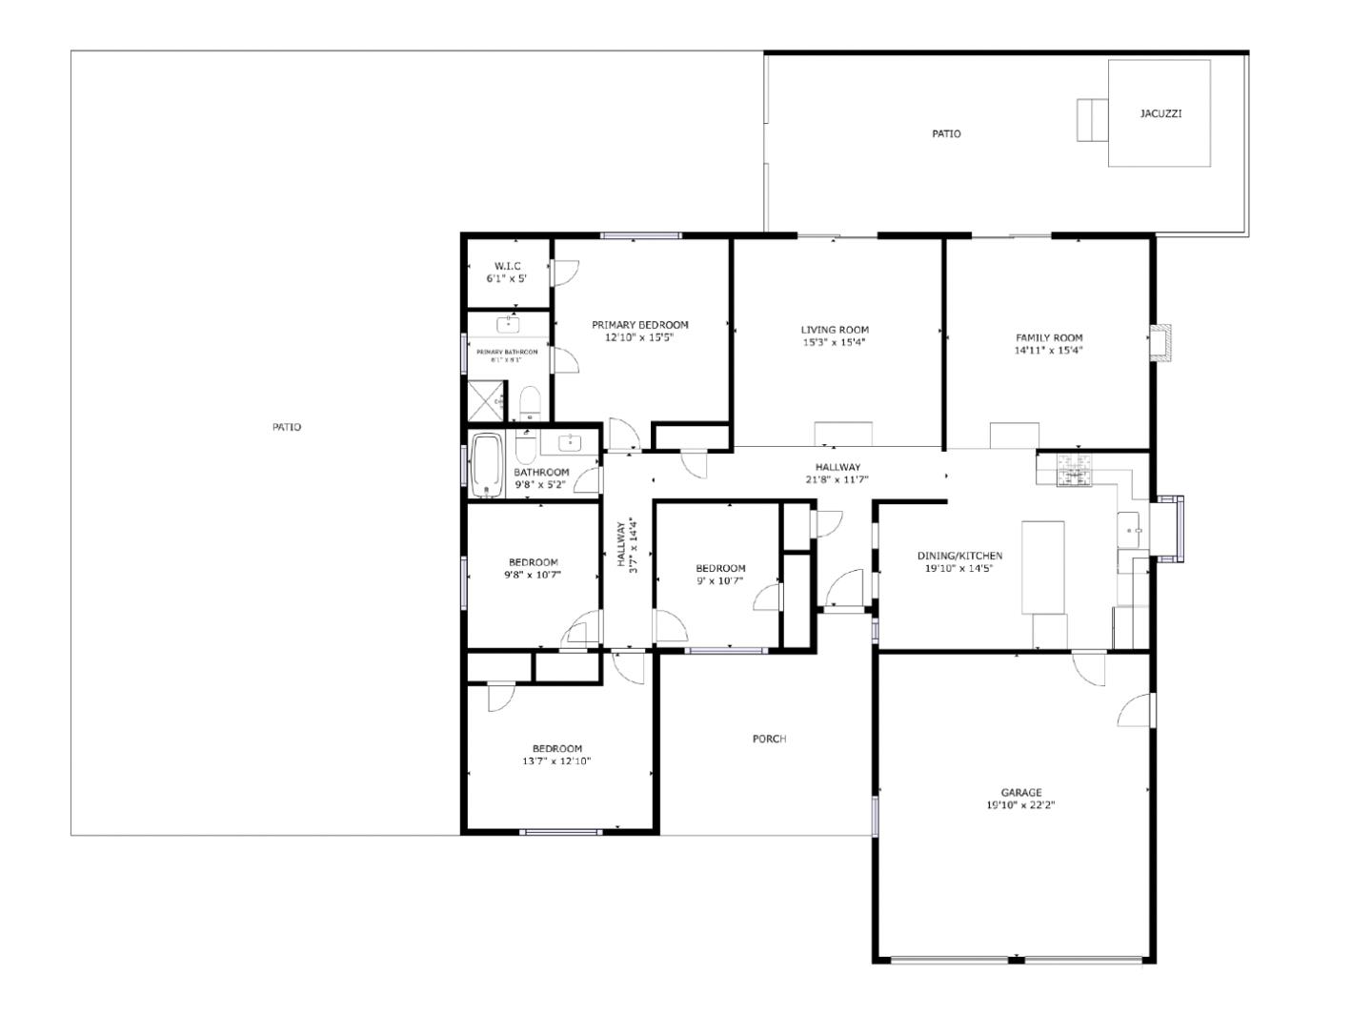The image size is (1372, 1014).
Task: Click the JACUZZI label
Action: tap(1160, 113)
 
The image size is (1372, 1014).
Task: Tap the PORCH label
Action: tap(769, 739)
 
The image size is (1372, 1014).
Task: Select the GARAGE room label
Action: tap(1020, 792)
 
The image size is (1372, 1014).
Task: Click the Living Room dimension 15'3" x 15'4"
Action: tap(834, 342)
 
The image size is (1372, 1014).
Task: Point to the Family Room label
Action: tap(1049, 337)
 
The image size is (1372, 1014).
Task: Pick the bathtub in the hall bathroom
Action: tap(486, 465)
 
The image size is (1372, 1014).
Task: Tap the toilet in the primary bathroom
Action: tap(530, 402)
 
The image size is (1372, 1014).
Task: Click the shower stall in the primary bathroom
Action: tap(486, 401)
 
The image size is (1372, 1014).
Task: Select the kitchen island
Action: tap(1043, 567)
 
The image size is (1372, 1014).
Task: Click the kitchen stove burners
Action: tap(1074, 470)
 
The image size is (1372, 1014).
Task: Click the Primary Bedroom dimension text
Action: tap(639, 337)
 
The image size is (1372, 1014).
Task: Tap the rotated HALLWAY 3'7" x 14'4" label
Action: tap(626, 544)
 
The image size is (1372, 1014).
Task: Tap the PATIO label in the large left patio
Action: tap(287, 427)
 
